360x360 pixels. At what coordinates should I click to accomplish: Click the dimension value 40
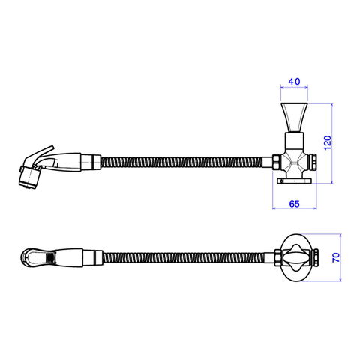pos(294,82)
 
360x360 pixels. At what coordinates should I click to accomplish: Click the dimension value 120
pos(328,142)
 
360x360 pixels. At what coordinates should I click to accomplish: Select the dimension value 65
pos(294,204)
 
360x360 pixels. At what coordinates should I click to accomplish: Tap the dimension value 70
pos(337,257)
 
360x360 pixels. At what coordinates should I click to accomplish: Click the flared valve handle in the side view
pos(294,117)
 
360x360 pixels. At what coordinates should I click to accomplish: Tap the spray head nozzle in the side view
pos(29,178)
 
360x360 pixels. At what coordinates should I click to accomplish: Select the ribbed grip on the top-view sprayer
pos(50,257)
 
